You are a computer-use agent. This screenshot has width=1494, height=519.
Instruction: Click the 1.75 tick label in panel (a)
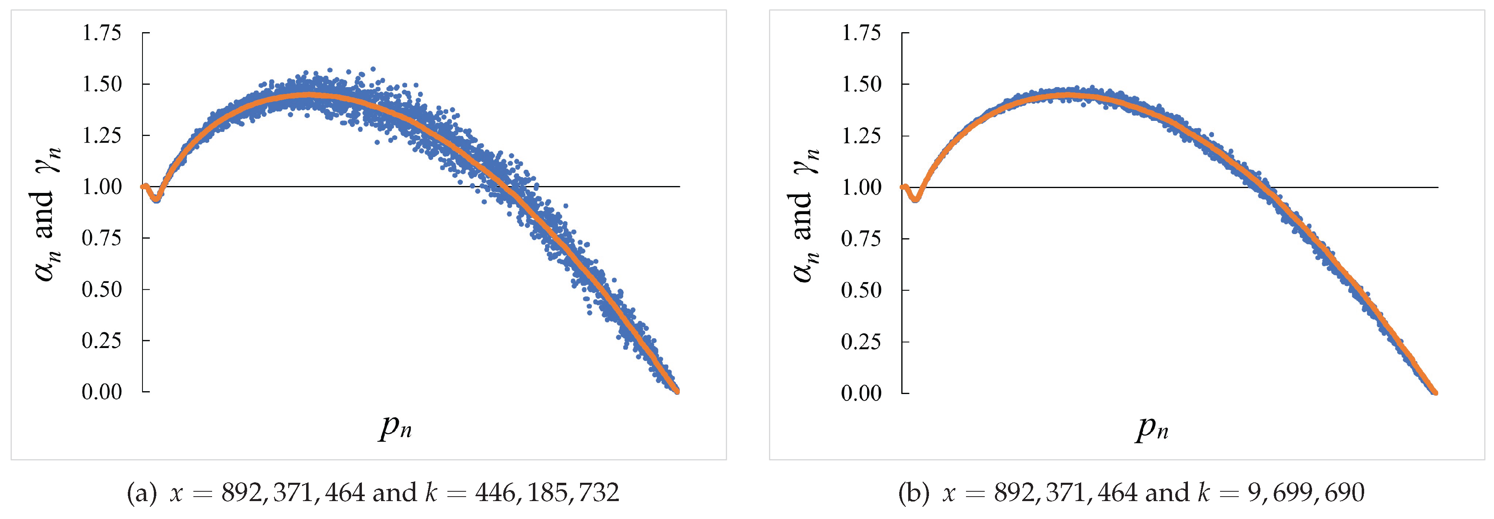(x=101, y=33)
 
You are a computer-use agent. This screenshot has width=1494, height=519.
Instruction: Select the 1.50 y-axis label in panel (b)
(x=861, y=85)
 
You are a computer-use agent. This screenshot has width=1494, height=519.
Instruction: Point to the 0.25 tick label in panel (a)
(x=101, y=340)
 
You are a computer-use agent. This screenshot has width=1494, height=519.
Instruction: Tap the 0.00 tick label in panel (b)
(x=861, y=393)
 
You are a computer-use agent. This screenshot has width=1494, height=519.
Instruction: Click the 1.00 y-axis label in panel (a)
(x=101, y=187)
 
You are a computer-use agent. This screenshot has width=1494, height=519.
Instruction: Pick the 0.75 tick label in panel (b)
(x=861, y=239)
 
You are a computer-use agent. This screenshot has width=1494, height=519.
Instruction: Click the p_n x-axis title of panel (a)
(x=396, y=428)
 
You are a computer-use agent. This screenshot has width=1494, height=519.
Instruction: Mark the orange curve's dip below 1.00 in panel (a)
(x=156, y=198)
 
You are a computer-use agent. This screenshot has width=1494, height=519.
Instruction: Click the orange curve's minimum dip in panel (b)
(x=915, y=199)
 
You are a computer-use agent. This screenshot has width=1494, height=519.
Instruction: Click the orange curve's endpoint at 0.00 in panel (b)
(x=1435, y=392)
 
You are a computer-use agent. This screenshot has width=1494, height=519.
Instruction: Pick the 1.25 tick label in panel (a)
(x=101, y=136)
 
